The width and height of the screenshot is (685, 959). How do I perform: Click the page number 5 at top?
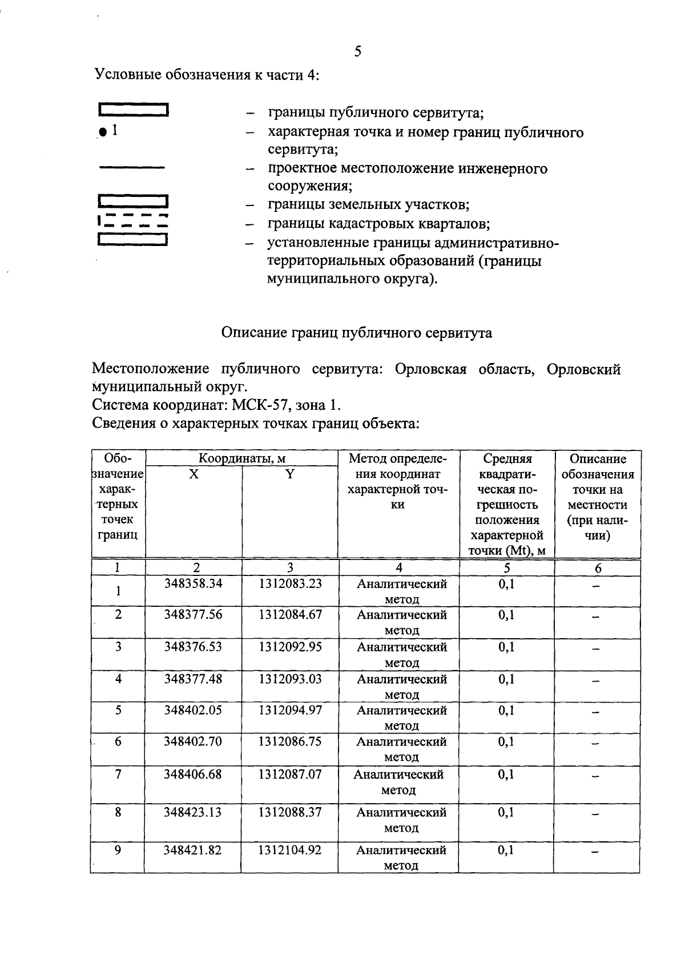coord(357,52)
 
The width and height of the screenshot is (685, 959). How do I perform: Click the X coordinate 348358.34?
coord(193,583)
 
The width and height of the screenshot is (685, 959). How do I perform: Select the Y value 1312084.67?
coord(290,615)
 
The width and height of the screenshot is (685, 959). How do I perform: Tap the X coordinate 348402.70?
coord(193,742)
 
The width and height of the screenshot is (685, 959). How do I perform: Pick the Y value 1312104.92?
coord(289,850)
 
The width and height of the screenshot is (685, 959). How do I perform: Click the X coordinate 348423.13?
coord(192,812)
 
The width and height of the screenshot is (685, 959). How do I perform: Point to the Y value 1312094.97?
coord(290,710)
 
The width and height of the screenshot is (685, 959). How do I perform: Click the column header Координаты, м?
coord(242,458)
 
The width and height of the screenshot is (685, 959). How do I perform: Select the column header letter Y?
coord(290,474)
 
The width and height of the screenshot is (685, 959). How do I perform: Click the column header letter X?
coord(194,474)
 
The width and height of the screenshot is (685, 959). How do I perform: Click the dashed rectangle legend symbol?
coord(133,220)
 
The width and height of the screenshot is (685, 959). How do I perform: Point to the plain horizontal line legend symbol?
coord(132,167)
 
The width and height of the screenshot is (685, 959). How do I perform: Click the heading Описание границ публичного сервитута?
coord(357,333)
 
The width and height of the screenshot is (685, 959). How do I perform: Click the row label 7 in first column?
coord(118,774)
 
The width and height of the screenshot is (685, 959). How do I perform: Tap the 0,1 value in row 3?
coord(506,647)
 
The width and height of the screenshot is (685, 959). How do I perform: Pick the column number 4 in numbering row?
coord(399,568)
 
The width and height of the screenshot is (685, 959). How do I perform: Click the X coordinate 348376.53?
coord(193,647)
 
